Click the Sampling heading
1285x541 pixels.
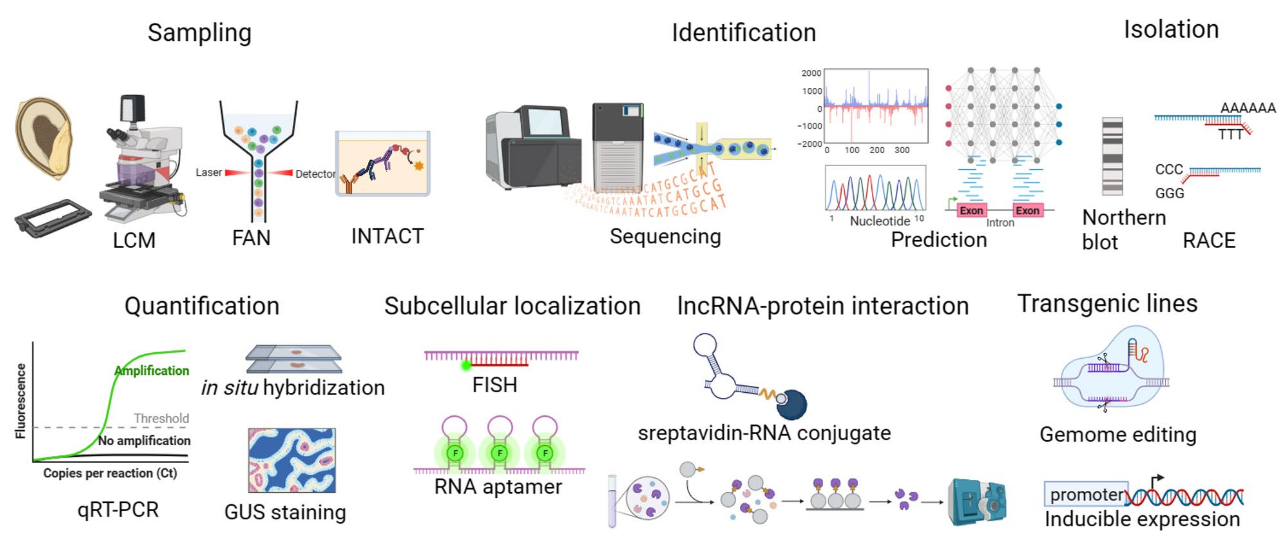point(199,33)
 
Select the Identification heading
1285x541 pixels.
point(743,33)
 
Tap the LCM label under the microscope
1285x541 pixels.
point(134,240)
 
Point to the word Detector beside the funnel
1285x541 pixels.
point(315,174)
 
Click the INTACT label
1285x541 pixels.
point(387,236)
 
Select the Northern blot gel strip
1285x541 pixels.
point(1112,156)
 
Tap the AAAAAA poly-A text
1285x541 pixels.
point(1247,108)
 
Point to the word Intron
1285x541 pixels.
point(1000,223)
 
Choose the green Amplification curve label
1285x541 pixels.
point(152,370)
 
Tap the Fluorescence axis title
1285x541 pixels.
point(20,401)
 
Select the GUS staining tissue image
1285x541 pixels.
point(291,460)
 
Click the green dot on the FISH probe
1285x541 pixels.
point(466,365)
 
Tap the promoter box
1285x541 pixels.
point(1086,494)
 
